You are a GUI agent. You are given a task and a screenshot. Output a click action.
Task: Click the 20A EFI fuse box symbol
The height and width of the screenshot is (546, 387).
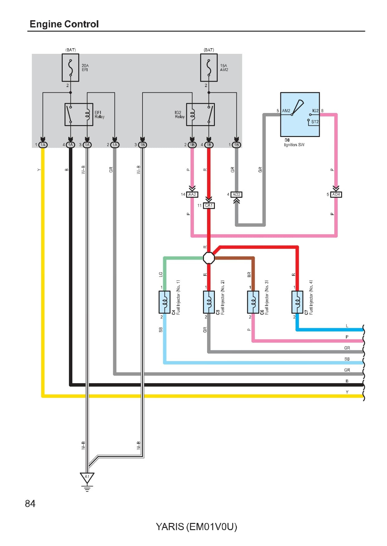point(70,68)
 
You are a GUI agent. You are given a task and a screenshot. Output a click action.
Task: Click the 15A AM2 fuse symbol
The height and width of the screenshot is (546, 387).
point(209,68)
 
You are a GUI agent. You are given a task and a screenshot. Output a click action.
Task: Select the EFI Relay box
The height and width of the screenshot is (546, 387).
point(79,115)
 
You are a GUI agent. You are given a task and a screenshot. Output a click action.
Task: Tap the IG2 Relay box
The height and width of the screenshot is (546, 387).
point(200,115)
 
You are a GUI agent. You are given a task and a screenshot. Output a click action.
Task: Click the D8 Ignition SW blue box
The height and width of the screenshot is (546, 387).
point(300,114)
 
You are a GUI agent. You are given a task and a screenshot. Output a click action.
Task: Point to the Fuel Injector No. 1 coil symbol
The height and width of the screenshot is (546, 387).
point(165,302)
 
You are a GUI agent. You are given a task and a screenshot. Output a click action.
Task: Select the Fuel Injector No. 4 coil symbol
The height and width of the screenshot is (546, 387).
point(297,302)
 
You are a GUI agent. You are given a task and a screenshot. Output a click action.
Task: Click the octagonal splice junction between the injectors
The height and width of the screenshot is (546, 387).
point(209,258)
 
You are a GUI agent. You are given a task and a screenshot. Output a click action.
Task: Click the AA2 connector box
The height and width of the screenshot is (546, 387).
point(192,195)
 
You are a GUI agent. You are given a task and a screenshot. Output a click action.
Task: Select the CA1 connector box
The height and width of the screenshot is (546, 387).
point(209,205)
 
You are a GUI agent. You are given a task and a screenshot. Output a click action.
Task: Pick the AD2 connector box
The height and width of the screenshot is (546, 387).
point(236,195)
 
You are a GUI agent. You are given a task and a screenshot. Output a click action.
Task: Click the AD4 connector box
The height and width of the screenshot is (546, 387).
point(336,195)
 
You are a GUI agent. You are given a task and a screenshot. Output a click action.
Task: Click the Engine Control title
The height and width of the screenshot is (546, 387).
point(64,24)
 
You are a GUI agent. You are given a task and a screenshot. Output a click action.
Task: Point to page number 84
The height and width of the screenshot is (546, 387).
point(30,503)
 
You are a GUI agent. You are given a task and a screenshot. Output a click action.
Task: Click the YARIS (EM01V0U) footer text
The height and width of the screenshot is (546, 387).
point(196,527)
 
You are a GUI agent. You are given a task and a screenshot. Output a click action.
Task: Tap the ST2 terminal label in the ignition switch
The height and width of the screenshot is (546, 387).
point(315,122)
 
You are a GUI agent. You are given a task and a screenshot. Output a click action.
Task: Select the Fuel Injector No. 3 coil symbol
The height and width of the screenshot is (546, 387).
point(253,302)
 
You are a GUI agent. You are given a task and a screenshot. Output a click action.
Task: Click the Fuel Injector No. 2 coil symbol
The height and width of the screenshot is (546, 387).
point(209,302)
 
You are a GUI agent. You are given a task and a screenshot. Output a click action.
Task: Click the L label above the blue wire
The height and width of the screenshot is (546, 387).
point(347,326)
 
